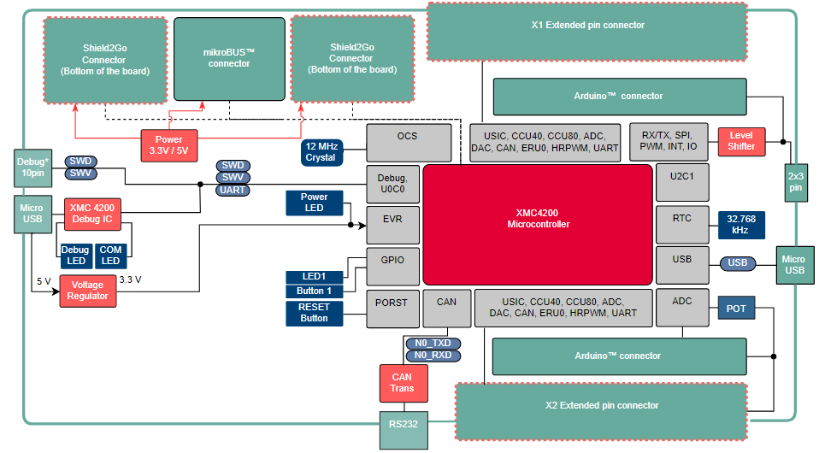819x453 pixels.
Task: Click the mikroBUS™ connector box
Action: coord(228,58)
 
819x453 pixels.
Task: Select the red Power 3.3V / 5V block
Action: coord(169,144)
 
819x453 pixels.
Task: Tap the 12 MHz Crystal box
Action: coord(321,152)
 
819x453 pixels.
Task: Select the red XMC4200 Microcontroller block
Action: coord(538,225)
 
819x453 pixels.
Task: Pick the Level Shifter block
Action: coord(741,141)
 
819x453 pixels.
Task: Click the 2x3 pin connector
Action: coord(796,181)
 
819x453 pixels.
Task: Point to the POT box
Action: coord(736,308)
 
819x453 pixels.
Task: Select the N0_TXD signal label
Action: coord(433,343)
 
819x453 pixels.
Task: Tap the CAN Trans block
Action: coord(402,382)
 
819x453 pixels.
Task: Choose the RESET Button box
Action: coord(314,313)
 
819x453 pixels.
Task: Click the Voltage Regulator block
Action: coord(89,291)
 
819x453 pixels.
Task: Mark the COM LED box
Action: coord(110,255)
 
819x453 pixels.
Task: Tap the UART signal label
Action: coord(233,190)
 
